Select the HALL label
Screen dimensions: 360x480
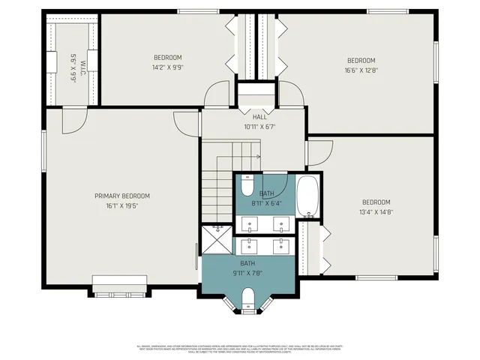[x=259, y=117]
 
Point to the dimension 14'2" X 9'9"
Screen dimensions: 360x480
[x=168, y=66]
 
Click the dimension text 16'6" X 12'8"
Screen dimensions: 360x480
[x=361, y=70]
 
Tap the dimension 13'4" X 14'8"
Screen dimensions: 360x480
[x=376, y=212]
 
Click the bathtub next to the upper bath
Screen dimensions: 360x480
[x=307, y=196]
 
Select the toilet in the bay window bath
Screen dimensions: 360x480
[x=249, y=304]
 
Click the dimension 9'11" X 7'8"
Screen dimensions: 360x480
[x=247, y=273]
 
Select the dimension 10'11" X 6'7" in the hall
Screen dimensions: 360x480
[x=259, y=127]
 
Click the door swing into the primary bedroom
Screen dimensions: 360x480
[x=73, y=120]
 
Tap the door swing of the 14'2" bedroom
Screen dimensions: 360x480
[x=217, y=94]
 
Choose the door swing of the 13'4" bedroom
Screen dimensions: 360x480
[x=319, y=153]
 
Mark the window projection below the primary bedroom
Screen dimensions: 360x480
[x=119, y=286]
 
